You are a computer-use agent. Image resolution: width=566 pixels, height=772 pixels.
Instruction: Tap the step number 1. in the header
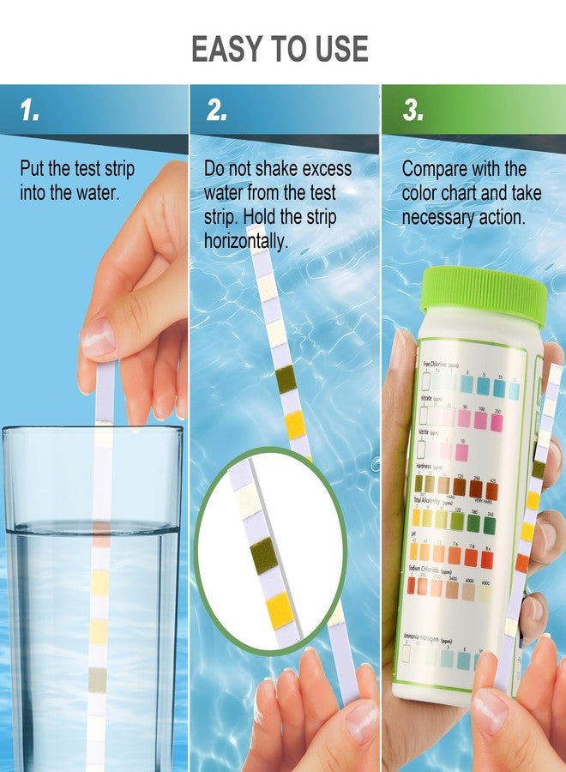point(30,111)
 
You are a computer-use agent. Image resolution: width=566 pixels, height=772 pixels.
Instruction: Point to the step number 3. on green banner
point(413,111)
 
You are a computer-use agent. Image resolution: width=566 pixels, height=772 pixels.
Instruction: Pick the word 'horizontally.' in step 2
point(246,241)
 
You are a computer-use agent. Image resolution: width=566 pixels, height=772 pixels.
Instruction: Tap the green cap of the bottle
point(483,292)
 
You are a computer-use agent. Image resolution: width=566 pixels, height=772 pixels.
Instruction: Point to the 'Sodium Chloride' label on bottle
point(437,569)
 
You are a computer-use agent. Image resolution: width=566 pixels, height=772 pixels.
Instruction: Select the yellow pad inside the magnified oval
point(280,609)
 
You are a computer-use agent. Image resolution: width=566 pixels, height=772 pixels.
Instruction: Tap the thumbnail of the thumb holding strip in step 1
point(97,337)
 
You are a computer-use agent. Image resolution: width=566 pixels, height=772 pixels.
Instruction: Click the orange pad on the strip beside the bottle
point(522,563)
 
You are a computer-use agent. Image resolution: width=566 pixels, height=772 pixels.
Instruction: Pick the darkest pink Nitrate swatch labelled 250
point(497,420)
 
